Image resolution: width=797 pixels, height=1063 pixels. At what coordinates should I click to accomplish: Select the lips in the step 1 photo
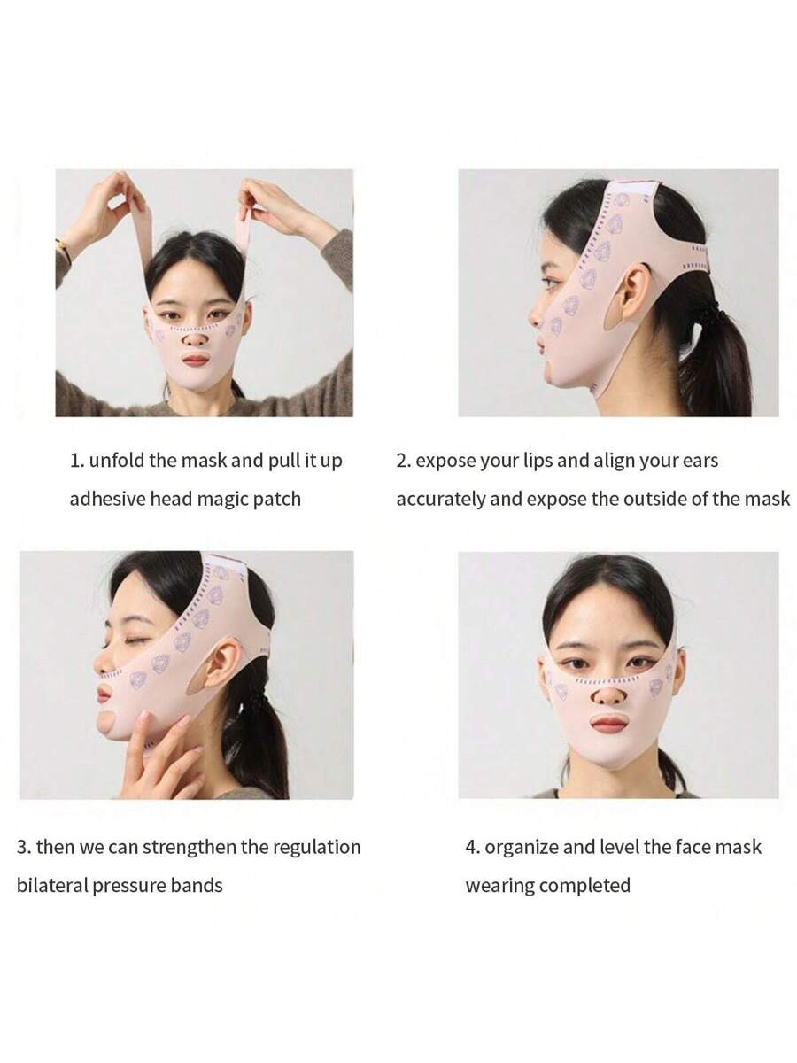click(196, 361)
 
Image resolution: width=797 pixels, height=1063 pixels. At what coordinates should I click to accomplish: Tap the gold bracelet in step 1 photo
click(63, 251)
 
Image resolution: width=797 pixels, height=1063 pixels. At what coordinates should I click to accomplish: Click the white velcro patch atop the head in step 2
click(633, 189)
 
